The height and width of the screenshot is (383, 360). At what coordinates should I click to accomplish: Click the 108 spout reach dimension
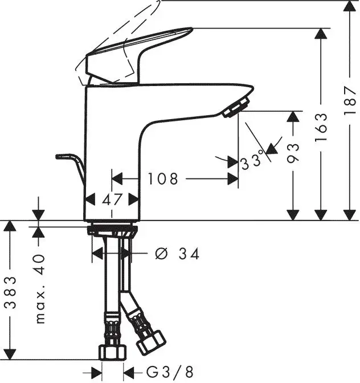[163, 179]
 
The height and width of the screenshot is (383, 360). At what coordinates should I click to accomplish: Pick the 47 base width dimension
[112, 199]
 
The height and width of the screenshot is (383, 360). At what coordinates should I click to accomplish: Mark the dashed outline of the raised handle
[120, 28]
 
